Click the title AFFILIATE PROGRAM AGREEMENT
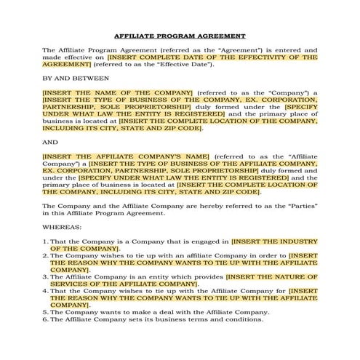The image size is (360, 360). tap(180, 36)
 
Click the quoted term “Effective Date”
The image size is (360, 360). tap(191, 64)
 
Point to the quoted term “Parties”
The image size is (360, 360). tap(300, 206)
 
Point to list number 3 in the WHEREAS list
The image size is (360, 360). tap(44, 277)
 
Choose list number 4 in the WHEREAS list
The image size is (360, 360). tap(44, 291)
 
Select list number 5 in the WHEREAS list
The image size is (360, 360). tap(44, 312)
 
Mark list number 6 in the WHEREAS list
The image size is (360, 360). tap(44, 319)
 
